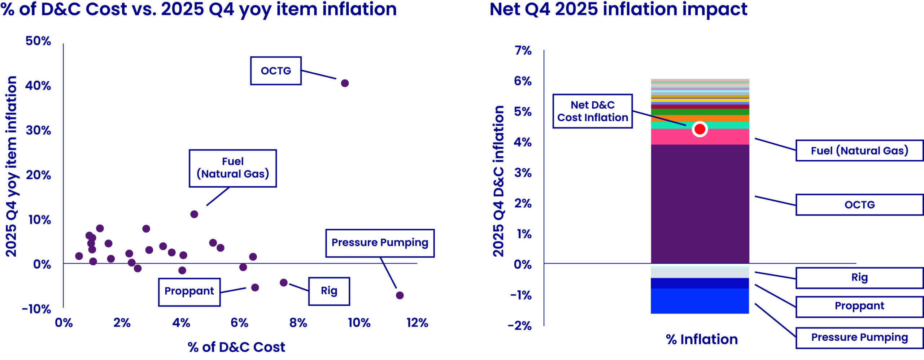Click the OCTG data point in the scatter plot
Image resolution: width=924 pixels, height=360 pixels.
tap(345, 83)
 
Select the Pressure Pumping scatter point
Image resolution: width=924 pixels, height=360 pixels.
tap(400, 295)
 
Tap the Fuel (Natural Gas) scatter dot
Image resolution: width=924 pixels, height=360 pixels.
tap(194, 214)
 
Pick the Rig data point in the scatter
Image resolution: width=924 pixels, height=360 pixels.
tap(284, 283)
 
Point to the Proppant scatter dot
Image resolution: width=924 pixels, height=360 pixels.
tap(255, 287)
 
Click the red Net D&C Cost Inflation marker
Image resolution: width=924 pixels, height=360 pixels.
tap(699, 129)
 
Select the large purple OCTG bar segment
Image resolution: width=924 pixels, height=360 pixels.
tap(699, 204)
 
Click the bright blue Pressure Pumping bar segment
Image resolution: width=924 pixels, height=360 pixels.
tap(699, 301)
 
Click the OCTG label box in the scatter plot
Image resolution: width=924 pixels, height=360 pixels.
tap(276, 71)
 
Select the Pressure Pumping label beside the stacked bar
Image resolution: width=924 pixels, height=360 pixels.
tap(859, 338)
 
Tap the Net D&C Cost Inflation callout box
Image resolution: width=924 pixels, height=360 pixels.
tap(592, 111)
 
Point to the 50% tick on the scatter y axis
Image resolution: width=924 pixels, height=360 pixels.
tap(38, 41)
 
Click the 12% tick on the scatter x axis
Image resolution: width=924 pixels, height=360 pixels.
tap(417, 323)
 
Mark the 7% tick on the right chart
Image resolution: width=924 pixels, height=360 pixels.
tap(523, 51)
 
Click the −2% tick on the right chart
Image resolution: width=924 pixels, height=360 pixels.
tap(520, 326)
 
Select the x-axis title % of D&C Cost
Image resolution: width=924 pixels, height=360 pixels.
tap(236, 347)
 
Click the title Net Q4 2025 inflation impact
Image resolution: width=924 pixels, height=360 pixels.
tap(618, 9)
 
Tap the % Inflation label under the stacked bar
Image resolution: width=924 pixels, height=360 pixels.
tap(702, 340)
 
